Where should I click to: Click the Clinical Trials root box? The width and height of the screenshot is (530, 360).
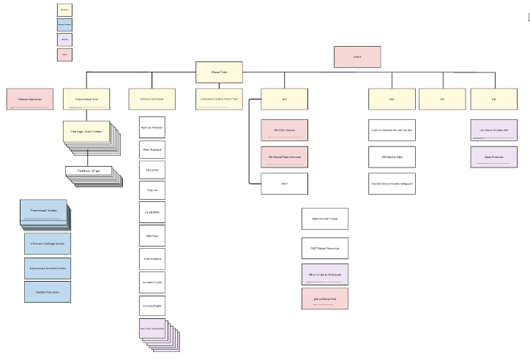(x=219, y=72)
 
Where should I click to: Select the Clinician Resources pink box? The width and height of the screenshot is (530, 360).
(x=30, y=99)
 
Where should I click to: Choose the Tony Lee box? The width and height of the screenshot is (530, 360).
(x=152, y=190)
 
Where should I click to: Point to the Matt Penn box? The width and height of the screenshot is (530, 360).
(x=152, y=236)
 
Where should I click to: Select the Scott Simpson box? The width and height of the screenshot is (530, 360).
(x=152, y=259)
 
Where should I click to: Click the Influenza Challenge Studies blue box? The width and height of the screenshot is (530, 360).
(x=48, y=244)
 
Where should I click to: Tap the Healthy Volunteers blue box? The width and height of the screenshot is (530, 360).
(x=48, y=290)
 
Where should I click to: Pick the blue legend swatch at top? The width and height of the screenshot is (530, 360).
(x=64, y=24)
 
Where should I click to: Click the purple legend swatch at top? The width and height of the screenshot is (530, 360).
(x=64, y=39)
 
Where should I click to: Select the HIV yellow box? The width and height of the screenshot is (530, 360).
(x=284, y=99)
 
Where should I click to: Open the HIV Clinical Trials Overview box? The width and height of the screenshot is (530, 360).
(x=284, y=157)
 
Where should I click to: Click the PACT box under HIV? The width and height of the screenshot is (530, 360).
(x=284, y=183)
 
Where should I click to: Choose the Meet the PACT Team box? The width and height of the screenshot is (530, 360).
(x=324, y=218)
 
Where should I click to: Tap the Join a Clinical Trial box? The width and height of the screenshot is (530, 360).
(x=324, y=299)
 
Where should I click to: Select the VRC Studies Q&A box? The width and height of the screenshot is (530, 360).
(x=392, y=157)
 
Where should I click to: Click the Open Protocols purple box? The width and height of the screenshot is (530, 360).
(x=494, y=157)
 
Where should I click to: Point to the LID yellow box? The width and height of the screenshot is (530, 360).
(x=494, y=99)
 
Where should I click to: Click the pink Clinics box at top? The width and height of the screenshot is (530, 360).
(x=357, y=56)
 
